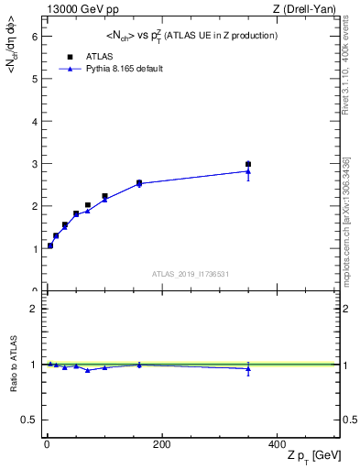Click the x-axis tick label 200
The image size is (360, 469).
pos(161,444)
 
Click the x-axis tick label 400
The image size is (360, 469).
pos(276,444)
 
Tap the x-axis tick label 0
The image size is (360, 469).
pos(47,444)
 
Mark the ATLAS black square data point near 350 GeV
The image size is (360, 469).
pos(248,164)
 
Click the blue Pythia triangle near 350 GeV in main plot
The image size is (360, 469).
pos(248,170)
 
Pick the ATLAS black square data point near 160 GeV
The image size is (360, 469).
pos(139,182)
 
